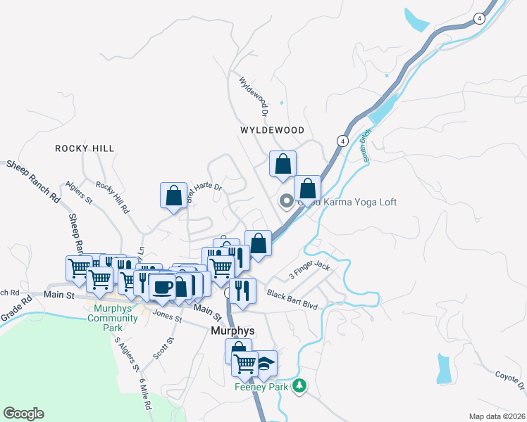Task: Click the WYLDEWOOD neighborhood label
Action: (272, 131)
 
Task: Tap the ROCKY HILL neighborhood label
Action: (85, 148)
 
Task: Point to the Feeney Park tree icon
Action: (300, 385)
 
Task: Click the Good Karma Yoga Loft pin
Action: (286, 202)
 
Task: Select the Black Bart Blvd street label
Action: (292, 293)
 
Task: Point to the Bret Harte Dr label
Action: (204, 192)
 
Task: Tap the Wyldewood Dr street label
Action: (254, 96)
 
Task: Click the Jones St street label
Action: (168, 316)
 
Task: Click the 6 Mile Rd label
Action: (146, 391)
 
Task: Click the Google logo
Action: (23, 414)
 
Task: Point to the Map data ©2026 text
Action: (496, 416)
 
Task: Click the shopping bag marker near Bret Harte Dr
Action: (173, 196)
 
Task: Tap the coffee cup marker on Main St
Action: (162, 286)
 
